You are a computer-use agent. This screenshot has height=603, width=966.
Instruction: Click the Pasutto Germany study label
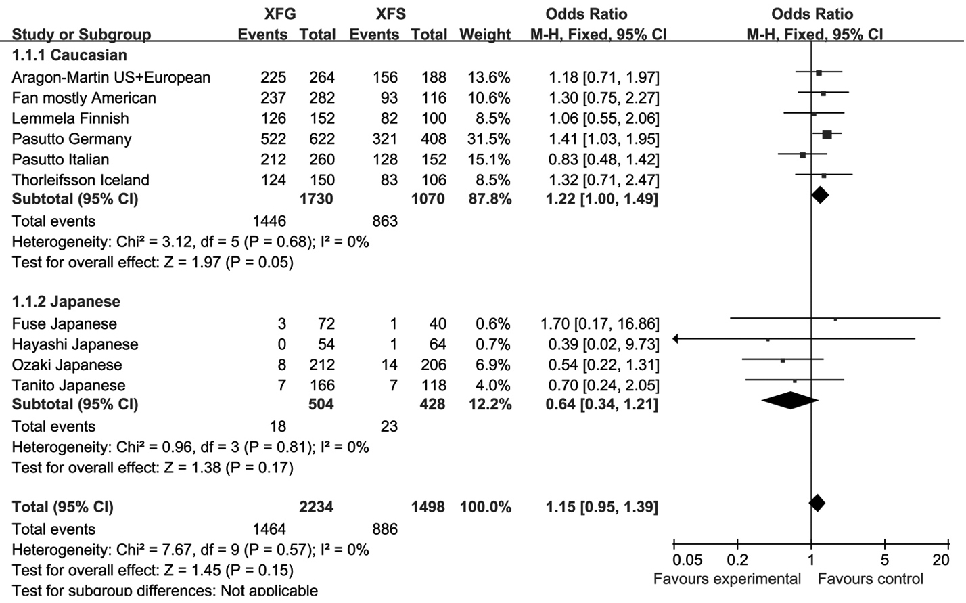point(72,139)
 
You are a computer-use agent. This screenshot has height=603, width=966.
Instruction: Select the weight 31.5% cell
point(489,139)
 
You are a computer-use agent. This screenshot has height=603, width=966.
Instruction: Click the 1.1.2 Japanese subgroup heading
point(66,302)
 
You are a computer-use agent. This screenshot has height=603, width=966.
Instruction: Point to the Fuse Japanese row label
point(64,324)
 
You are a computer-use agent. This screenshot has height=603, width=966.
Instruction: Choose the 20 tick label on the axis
point(941,560)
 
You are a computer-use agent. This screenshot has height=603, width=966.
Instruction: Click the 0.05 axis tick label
point(687,560)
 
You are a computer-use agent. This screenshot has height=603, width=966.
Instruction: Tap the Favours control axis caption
point(870,579)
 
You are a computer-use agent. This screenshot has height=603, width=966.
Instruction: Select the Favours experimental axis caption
point(727,579)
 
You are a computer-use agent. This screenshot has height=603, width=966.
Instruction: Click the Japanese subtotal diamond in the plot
point(789,401)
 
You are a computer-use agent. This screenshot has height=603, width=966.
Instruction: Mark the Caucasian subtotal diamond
point(820,196)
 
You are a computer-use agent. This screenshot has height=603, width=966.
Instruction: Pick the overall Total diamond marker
point(817,503)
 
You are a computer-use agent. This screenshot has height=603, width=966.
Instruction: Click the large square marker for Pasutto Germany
point(827,135)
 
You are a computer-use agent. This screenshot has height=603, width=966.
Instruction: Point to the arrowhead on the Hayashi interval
point(676,338)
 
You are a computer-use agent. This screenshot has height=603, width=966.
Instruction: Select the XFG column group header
point(280,14)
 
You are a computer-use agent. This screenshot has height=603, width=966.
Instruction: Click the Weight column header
point(485,35)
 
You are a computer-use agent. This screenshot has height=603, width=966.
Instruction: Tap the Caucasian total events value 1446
point(269,221)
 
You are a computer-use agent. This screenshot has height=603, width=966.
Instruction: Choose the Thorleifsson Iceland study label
point(80,180)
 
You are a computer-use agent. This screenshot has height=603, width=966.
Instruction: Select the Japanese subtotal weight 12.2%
point(489,405)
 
